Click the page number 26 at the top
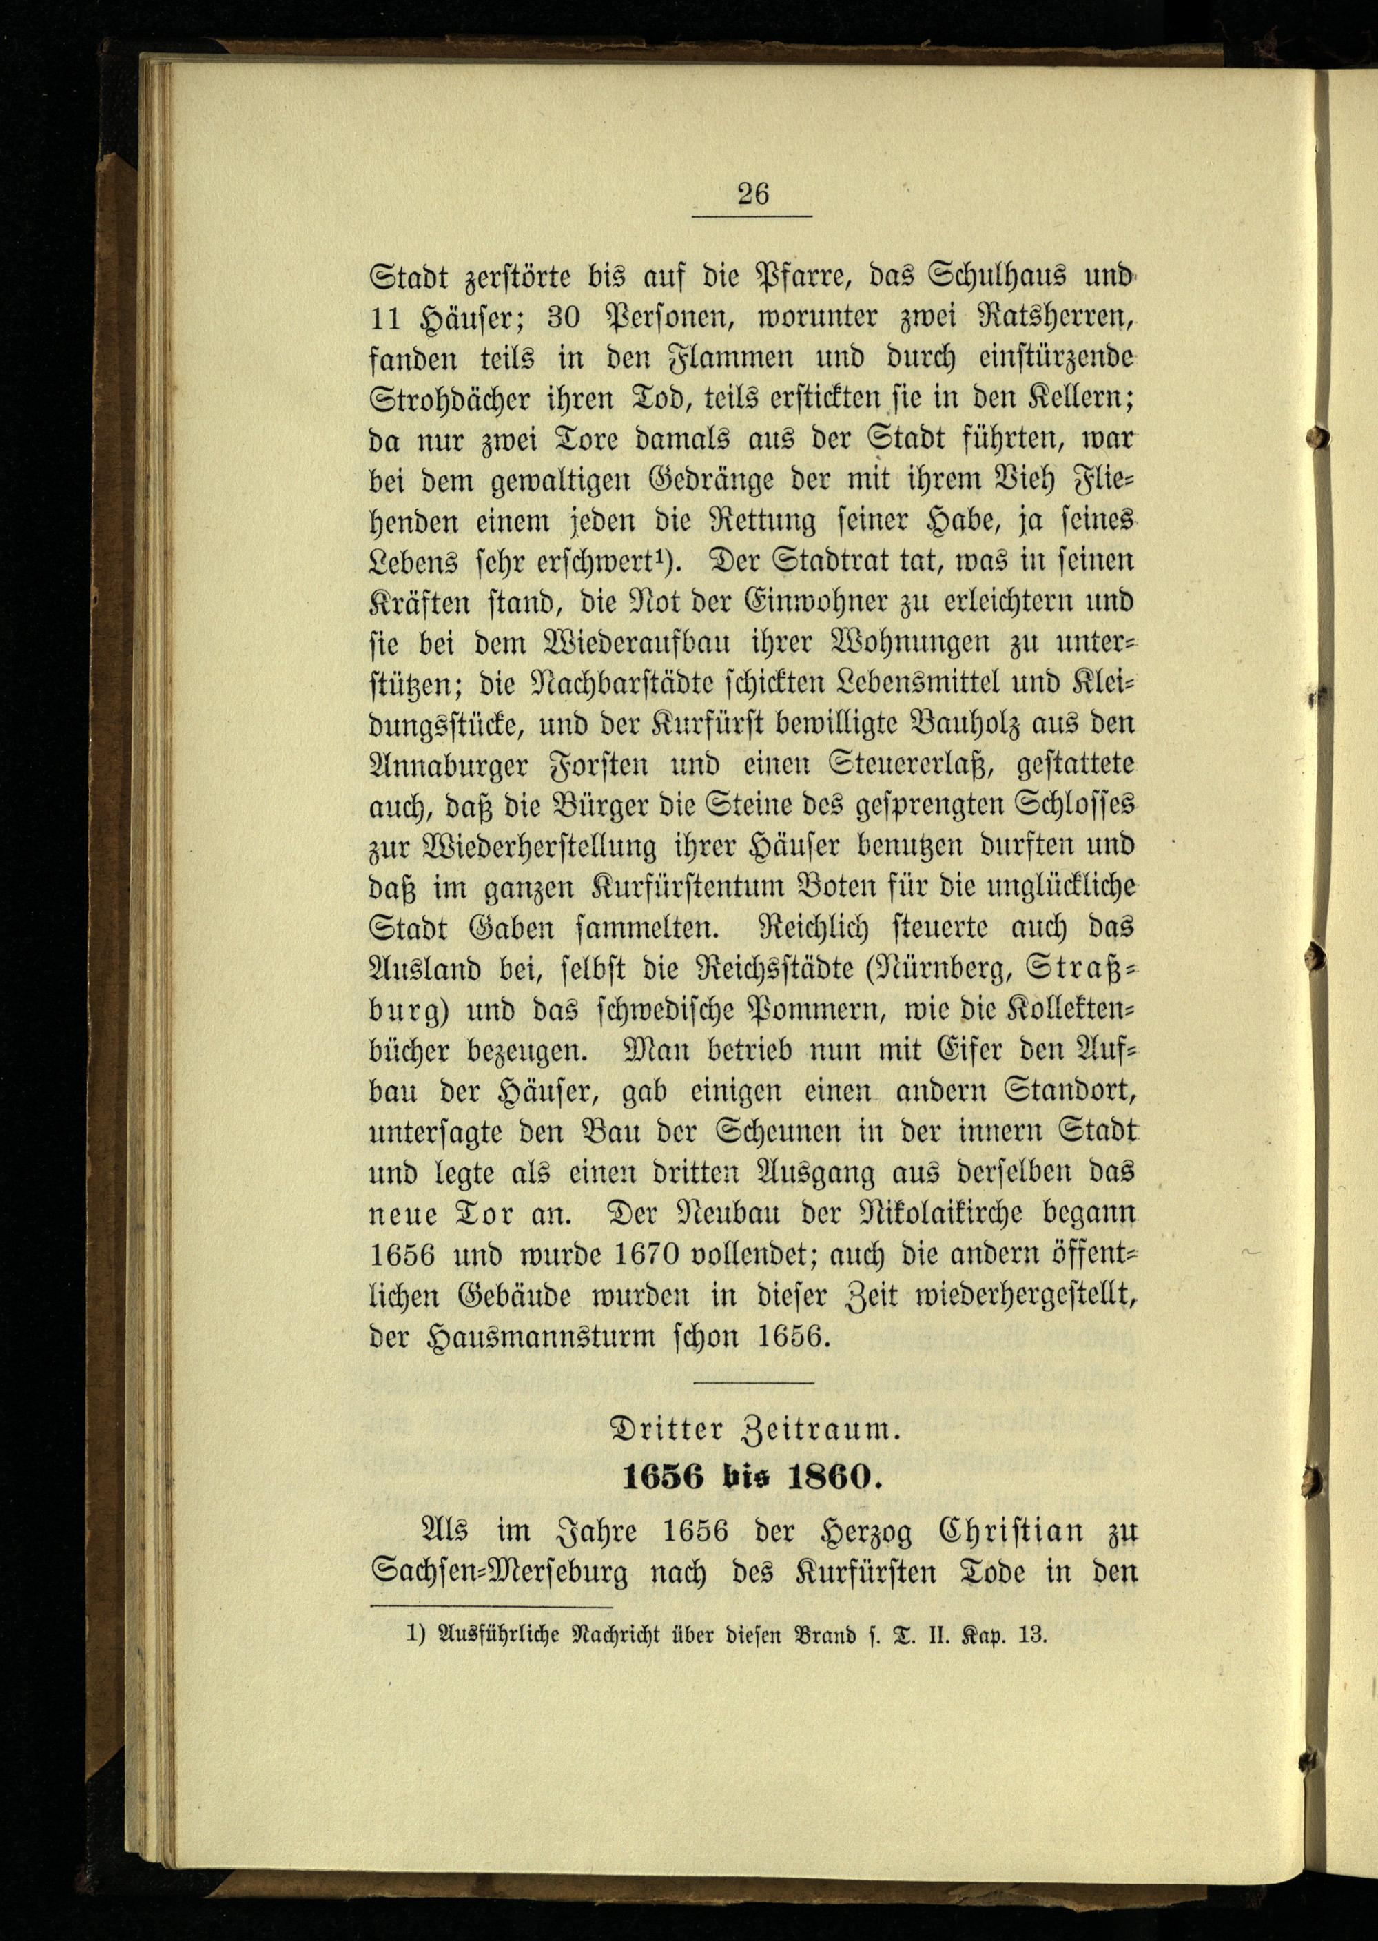[x=752, y=194]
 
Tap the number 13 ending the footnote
[x=1033, y=1636]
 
